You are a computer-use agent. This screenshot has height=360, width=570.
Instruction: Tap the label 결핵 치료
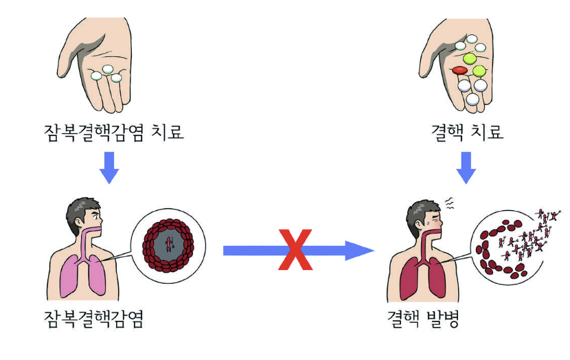pyautogui.click(x=466, y=131)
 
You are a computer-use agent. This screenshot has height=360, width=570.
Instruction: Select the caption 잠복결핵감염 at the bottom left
pyautogui.click(x=93, y=318)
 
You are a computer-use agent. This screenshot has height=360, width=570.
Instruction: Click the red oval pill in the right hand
pyautogui.click(x=459, y=70)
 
